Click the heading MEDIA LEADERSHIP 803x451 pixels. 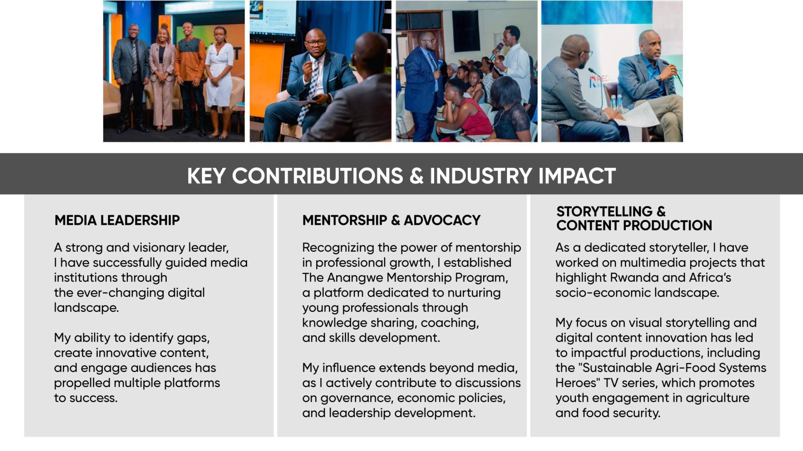tap(117, 220)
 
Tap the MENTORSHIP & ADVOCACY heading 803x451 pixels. tap(391, 220)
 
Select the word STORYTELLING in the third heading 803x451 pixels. tap(604, 211)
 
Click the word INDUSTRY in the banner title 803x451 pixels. tap(481, 176)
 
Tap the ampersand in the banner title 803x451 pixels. tap(417, 176)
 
